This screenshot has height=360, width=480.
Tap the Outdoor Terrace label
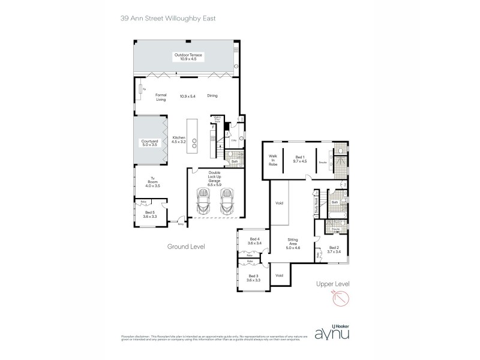point(189,57)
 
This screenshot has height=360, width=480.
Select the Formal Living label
point(160,97)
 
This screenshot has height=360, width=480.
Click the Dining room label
point(212,96)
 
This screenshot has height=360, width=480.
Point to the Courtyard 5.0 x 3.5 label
point(149,143)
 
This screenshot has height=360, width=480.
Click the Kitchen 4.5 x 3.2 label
point(179,139)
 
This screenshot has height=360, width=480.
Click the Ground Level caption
point(187,246)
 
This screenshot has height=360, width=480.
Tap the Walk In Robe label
point(273,160)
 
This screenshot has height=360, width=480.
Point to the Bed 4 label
point(254,241)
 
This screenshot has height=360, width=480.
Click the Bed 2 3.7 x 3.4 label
point(334,250)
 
